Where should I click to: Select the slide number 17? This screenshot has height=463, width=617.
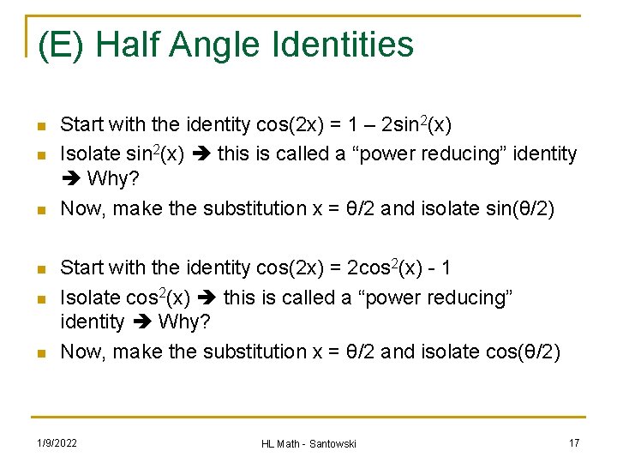point(574,442)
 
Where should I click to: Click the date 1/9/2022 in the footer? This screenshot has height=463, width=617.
point(57,442)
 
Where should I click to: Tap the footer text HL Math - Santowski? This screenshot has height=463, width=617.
point(308,443)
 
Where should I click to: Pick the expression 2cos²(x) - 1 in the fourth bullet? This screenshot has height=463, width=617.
point(397,268)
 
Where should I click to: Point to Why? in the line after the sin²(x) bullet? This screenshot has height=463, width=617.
point(109,181)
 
